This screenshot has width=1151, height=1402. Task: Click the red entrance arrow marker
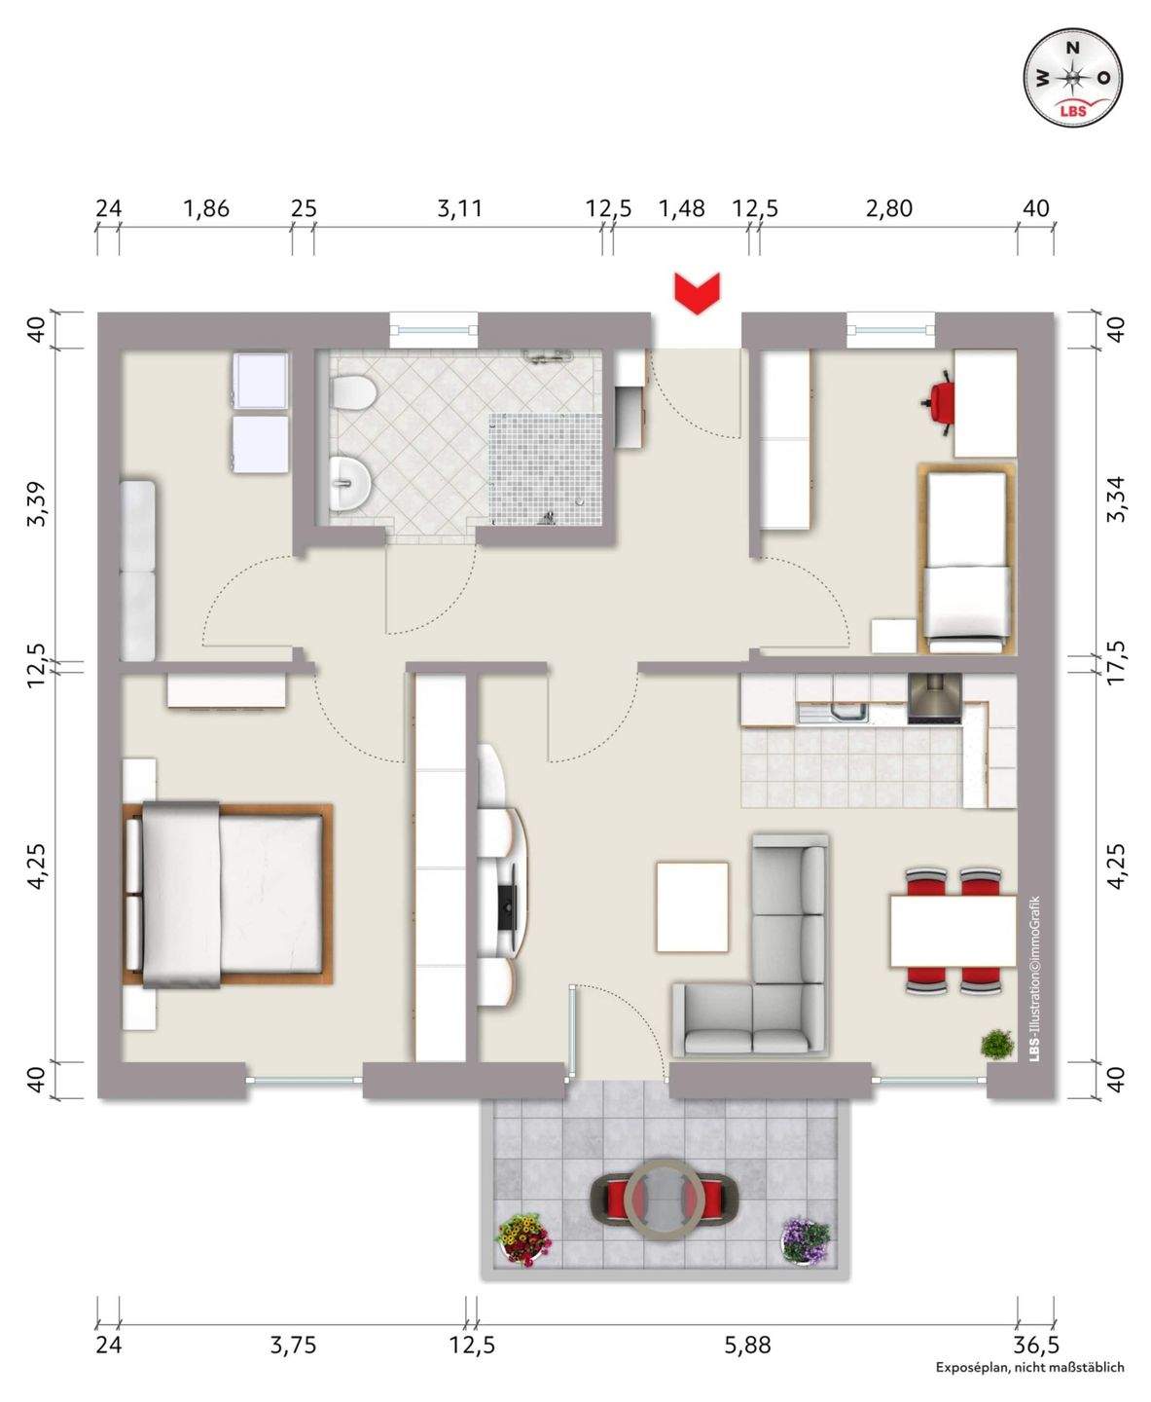coord(696,293)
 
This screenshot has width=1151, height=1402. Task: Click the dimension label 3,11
coord(459,208)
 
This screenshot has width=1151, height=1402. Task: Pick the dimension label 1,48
coord(681,208)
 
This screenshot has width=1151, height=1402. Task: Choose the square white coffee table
coord(692,906)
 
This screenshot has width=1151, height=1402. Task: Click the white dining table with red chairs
coord(953,932)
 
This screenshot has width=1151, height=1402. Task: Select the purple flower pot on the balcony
coord(806,1239)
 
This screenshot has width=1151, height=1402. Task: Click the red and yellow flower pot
coord(523,1238)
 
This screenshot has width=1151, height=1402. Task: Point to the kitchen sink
coord(834,714)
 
